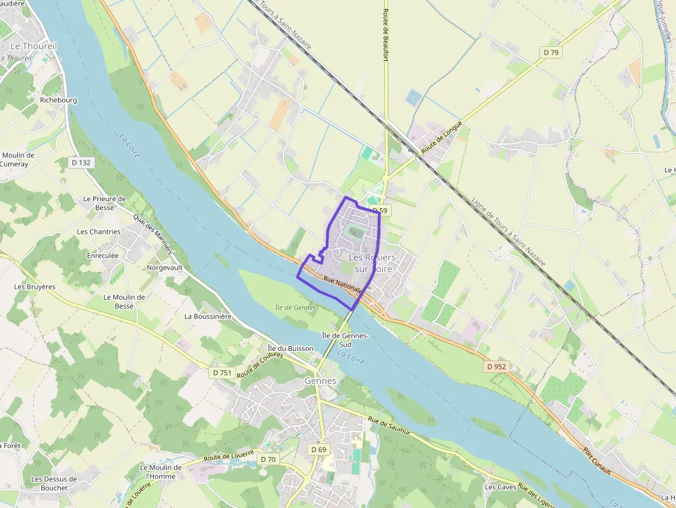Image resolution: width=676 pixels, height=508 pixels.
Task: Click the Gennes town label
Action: (x=320, y=381)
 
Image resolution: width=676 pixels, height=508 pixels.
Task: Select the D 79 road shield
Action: (x=550, y=52)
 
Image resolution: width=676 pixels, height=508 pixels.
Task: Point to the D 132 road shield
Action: (x=81, y=163)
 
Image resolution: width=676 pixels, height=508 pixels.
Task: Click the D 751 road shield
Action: (x=222, y=372)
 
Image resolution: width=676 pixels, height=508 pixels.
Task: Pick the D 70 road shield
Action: (x=268, y=459)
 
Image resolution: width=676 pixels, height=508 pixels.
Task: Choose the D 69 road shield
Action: (x=318, y=449)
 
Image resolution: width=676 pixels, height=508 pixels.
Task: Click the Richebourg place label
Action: (x=59, y=100)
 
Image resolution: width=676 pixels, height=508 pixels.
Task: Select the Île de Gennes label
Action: (x=295, y=307)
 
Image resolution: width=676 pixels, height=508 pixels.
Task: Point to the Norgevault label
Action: (x=165, y=267)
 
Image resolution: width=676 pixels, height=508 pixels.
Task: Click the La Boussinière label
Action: (x=208, y=316)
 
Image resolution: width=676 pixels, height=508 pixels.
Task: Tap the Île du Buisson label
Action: (x=291, y=349)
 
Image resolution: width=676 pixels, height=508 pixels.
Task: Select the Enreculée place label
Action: (x=103, y=255)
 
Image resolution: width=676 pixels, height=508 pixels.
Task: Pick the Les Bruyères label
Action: (x=34, y=286)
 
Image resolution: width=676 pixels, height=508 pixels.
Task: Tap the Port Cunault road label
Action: (x=597, y=461)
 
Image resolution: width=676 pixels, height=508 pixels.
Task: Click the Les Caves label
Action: (x=500, y=487)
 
